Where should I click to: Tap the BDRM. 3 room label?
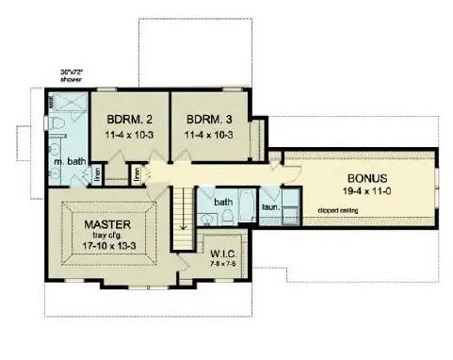pyautogui.click(x=204, y=120)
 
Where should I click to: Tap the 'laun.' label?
pyautogui.click(x=268, y=206)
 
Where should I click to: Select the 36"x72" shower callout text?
pyautogui.click(x=44, y=73)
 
